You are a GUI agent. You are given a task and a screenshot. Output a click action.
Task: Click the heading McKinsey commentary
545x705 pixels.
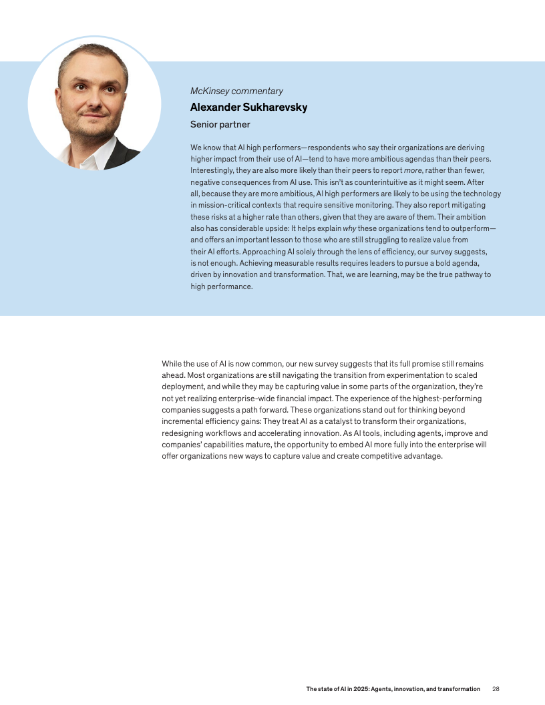click(236, 91)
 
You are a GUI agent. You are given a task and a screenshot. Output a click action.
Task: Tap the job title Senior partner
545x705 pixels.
click(220, 124)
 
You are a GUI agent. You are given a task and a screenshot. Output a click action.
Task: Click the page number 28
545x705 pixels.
click(496, 689)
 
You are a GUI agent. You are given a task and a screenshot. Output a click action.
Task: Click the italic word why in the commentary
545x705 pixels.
click(349, 228)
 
